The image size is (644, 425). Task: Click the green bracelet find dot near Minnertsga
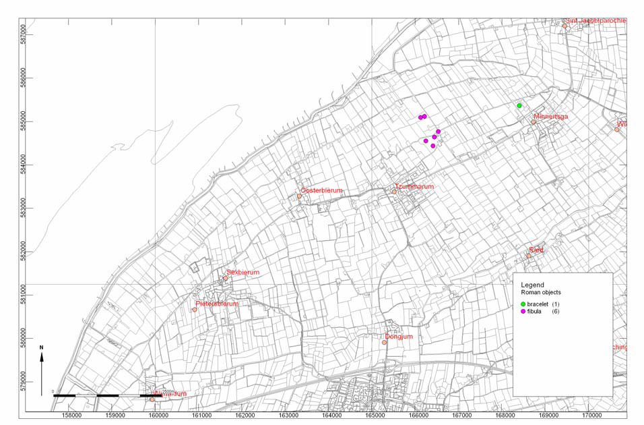point(519,106)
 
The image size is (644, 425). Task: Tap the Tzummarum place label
point(414,187)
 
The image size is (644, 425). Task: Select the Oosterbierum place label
point(322,191)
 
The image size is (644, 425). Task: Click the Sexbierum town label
point(243,273)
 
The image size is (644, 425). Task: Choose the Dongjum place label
point(398,337)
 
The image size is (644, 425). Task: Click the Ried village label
point(536,250)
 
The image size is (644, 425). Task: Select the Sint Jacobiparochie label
point(595,20)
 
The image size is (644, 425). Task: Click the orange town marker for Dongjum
point(385,343)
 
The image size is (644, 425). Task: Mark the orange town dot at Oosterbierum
point(300,196)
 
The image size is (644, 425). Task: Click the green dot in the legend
point(523,305)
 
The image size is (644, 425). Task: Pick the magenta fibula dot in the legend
point(523,312)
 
